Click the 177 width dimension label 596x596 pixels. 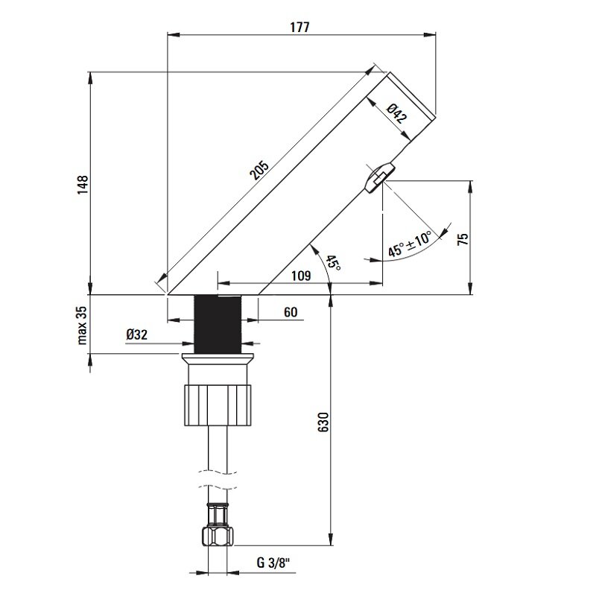coord(300,28)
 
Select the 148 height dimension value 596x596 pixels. coord(83,185)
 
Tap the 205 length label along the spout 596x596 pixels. coord(259,170)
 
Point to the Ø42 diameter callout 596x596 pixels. coord(397,114)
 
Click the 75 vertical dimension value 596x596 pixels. coord(463,238)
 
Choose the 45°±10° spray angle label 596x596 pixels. coord(410,244)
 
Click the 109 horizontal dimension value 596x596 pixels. coord(301,275)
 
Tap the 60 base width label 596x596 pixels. coord(291,312)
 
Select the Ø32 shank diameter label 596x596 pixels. coord(137,335)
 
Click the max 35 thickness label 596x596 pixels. coord(83,326)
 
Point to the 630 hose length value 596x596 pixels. coord(323,422)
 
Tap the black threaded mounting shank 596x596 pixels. coord(218,324)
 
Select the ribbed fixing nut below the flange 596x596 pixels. coord(218,405)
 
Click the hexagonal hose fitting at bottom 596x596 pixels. coord(218,536)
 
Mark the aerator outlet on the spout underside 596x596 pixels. coord(379,178)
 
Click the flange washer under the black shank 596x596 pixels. coord(218,358)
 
